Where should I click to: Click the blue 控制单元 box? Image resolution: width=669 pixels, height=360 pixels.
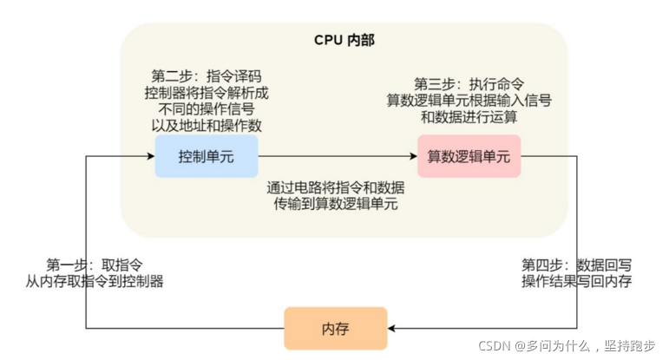coord(207,157)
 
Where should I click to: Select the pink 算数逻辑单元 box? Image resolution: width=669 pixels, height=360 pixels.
coord(469,157)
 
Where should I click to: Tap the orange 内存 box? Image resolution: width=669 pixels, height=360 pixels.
coord(335,329)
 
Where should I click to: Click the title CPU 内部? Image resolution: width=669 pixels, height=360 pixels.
coord(344,41)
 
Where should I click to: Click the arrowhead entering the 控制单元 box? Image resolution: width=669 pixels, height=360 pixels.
coord(150,157)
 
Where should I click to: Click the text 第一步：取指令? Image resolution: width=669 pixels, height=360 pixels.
coord(95,265)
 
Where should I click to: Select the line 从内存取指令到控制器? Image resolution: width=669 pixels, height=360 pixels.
coord(95,281)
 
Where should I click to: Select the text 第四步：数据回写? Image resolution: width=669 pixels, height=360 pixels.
coord(576,265)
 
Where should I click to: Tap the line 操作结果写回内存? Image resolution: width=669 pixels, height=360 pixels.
coord(576,281)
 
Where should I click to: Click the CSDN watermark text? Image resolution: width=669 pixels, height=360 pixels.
coord(570,345)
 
